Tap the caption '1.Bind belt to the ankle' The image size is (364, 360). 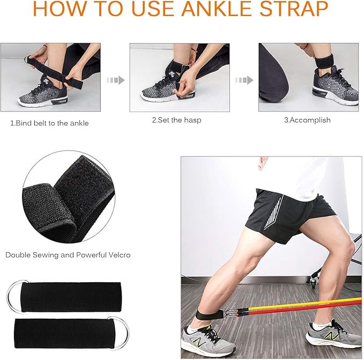(49, 123)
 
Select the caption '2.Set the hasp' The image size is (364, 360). (176, 120)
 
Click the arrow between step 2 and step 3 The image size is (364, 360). (244, 80)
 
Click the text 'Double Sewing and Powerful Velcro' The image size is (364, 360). (68, 255)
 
